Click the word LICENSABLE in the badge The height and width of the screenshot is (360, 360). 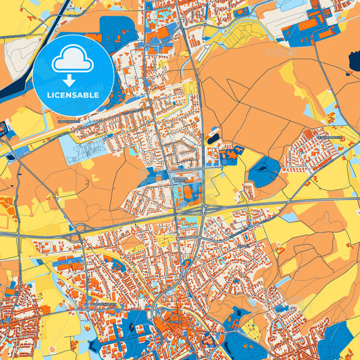(x=74, y=95)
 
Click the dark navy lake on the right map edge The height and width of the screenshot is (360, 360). (x=355, y=62)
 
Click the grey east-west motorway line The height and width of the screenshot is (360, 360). (x=284, y=201)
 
